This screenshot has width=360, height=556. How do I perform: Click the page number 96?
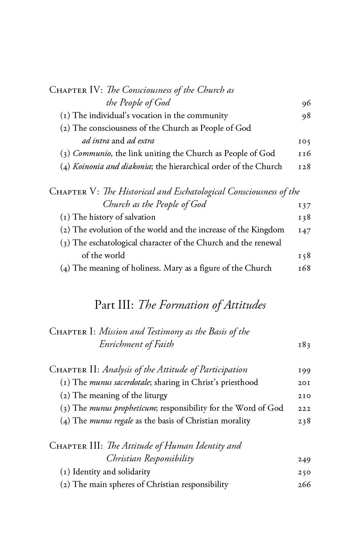point(306,103)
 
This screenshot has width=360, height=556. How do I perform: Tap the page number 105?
point(304,141)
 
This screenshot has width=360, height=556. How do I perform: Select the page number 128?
point(304,167)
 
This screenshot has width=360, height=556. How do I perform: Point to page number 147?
point(304,230)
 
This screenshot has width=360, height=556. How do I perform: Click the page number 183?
point(304,345)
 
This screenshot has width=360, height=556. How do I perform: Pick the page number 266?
point(304,484)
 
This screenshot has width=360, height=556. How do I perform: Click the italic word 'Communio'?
point(92,153)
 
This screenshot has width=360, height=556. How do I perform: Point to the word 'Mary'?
point(173,268)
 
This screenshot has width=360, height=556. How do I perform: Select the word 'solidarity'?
point(134,472)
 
